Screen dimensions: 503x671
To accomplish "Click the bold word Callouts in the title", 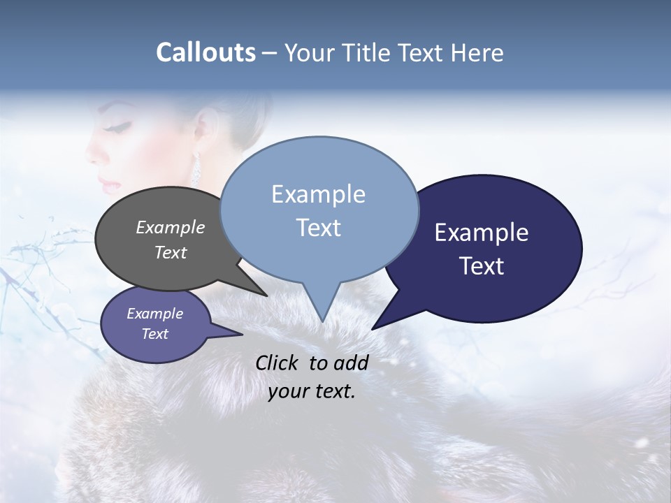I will coord(205,52).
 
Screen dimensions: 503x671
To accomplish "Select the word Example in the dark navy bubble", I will coord(482,233).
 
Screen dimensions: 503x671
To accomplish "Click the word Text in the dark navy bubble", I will coord(482,266).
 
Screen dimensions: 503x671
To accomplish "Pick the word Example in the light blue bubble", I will coord(318,194).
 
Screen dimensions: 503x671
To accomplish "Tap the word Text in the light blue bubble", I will coord(318,228).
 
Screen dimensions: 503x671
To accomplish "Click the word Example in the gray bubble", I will coord(171,228).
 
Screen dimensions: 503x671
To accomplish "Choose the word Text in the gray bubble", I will coord(171,252).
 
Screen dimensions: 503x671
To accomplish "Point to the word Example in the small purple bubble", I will coord(155,314).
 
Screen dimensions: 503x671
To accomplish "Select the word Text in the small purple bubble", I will coord(155,334).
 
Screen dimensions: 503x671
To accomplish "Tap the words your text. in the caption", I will coord(312,391).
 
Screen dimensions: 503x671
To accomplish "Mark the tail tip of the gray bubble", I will coord(266,296).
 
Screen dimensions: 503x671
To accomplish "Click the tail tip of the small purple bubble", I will coord(242,334).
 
